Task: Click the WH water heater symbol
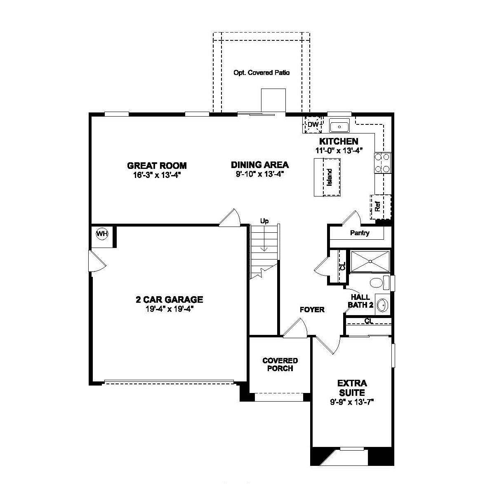pyautogui.click(x=102, y=234)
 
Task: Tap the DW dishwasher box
pyautogui.click(x=312, y=124)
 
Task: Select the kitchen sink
pyautogui.click(x=339, y=125)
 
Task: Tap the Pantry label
pyautogui.click(x=360, y=233)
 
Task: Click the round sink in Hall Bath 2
pyautogui.click(x=382, y=305)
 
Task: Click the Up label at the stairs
pyautogui.click(x=264, y=221)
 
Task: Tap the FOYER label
pyautogui.click(x=312, y=309)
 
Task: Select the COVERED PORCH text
pyautogui.click(x=280, y=365)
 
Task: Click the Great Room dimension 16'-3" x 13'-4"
pyautogui.click(x=157, y=175)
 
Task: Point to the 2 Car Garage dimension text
pyautogui.click(x=169, y=309)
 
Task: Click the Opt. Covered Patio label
pyautogui.click(x=261, y=72)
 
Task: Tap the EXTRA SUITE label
pyautogui.click(x=352, y=388)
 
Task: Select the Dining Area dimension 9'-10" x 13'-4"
pyautogui.click(x=259, y=174)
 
